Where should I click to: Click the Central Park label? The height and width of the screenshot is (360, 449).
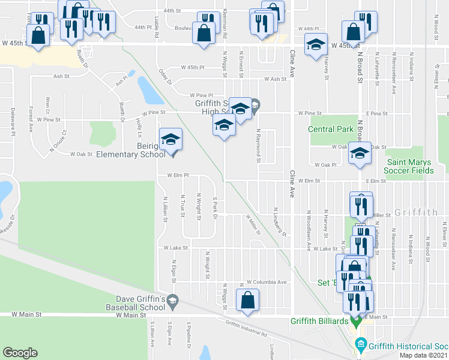[331, 129]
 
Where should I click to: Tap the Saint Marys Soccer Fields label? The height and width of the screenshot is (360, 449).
[410, 166]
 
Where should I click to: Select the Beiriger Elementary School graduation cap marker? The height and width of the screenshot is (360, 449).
[170, 141]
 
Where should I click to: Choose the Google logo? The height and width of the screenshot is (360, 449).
[20, 353]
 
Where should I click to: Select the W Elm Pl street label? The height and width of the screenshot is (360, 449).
[178, 176]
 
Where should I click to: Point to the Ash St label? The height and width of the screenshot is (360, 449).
[62, 76]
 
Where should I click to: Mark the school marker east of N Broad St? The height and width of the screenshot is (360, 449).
[360, 154]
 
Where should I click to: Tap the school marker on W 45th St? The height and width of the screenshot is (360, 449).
[316, 46]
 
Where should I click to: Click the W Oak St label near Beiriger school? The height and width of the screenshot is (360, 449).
[82, 154]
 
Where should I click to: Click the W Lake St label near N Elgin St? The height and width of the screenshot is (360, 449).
[173, 248]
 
